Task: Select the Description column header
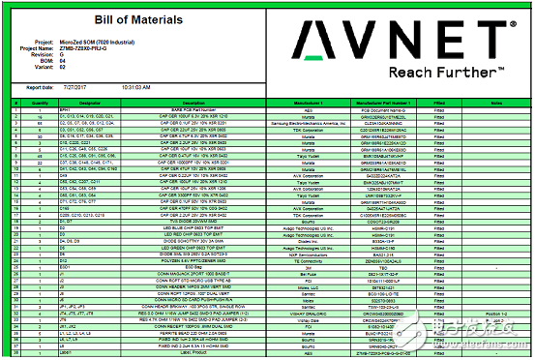point(193,102)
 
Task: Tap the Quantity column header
point(33,102)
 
